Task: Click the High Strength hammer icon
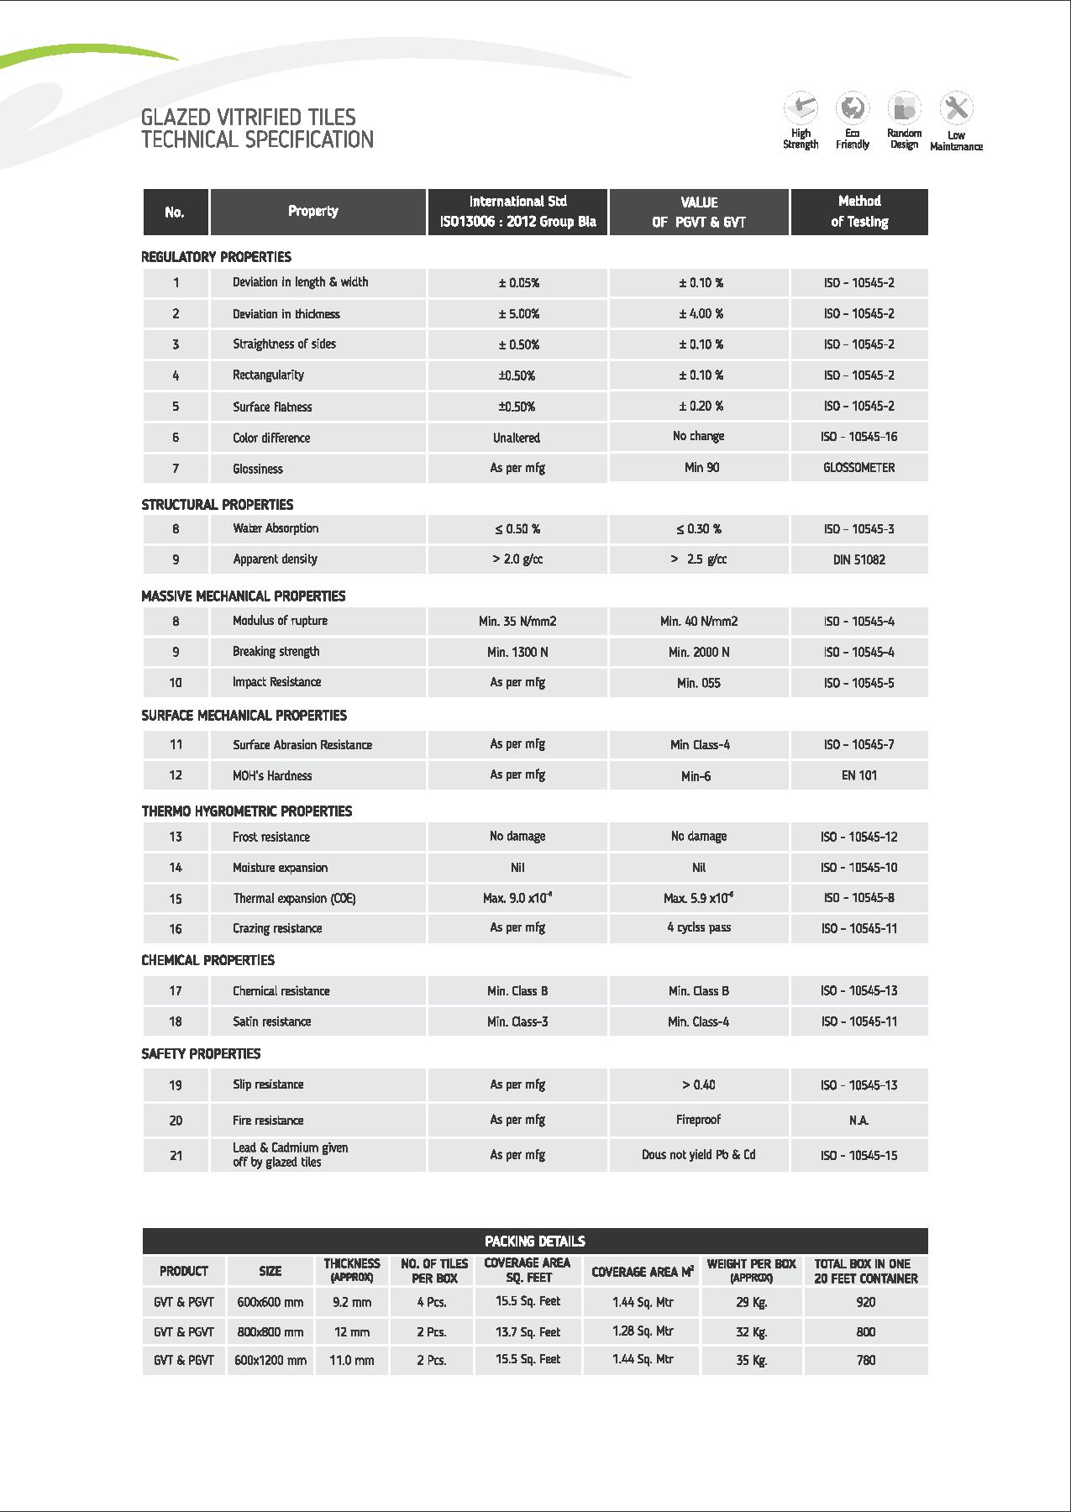[801, 108]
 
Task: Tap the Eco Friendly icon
[853, 108]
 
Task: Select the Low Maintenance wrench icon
[956, 108]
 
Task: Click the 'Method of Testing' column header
[859, 212]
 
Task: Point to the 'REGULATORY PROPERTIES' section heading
[216, 257]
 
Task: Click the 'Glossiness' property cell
[258, 469]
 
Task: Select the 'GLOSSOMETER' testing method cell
[858, 468]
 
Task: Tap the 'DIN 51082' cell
[858, 559]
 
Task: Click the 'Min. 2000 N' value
[699, 652]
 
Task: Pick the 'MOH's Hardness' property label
[272, 775]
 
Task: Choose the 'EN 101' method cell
[858, 775]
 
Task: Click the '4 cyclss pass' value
[699, 928]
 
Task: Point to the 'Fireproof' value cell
[699, 1120]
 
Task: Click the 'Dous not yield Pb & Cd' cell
[699, 1155]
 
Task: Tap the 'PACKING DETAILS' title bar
[535, 1241]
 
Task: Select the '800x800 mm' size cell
[270, 1332]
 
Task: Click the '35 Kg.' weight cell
[752, 1360]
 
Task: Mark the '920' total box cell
[865, 1302]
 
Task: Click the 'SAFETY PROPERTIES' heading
[201, 1053]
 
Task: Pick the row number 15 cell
[176, 899]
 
